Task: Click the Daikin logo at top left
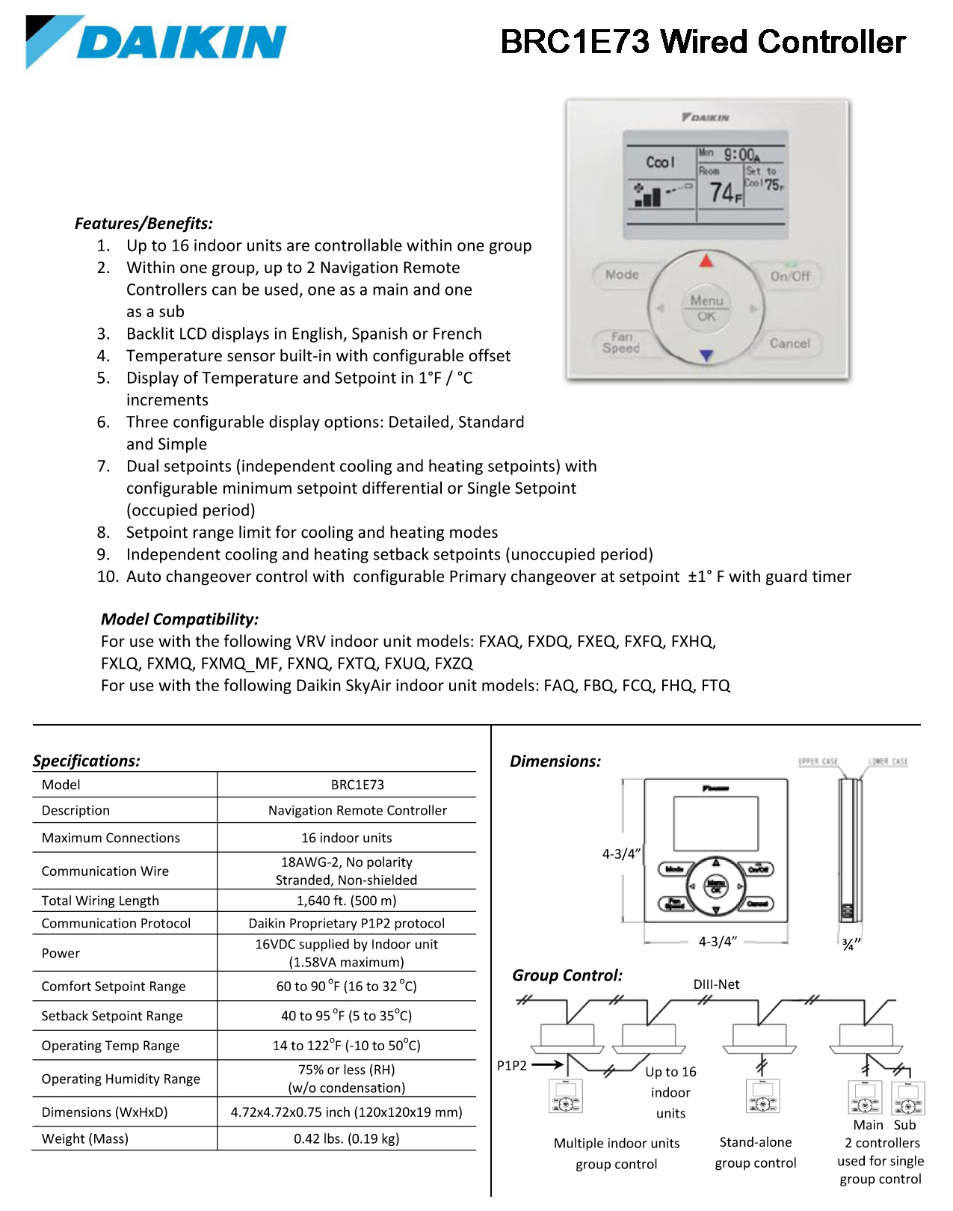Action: coord(155,42)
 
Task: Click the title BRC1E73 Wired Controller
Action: coord(703,42)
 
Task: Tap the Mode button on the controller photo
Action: coord(622,275)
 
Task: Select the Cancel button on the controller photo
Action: coord(789,343)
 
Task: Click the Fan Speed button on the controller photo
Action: coord(621,343)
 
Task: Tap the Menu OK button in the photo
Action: coord(706,307)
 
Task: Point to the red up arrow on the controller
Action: coord(706,261)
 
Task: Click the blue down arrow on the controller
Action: coord(706,355)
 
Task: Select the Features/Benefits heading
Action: coord(144,223)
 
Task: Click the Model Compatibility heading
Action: coord(179,619)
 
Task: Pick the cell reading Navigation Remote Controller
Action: coord(357,810)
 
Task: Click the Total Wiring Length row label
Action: coord(100,901)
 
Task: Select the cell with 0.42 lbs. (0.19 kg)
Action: coord(346,1138)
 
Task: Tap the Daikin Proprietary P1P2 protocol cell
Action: coord(346,923)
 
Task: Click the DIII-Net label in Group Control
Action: coord(716,984)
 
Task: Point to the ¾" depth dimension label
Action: coord(851,944)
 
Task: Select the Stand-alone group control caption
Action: coord(755,1152)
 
